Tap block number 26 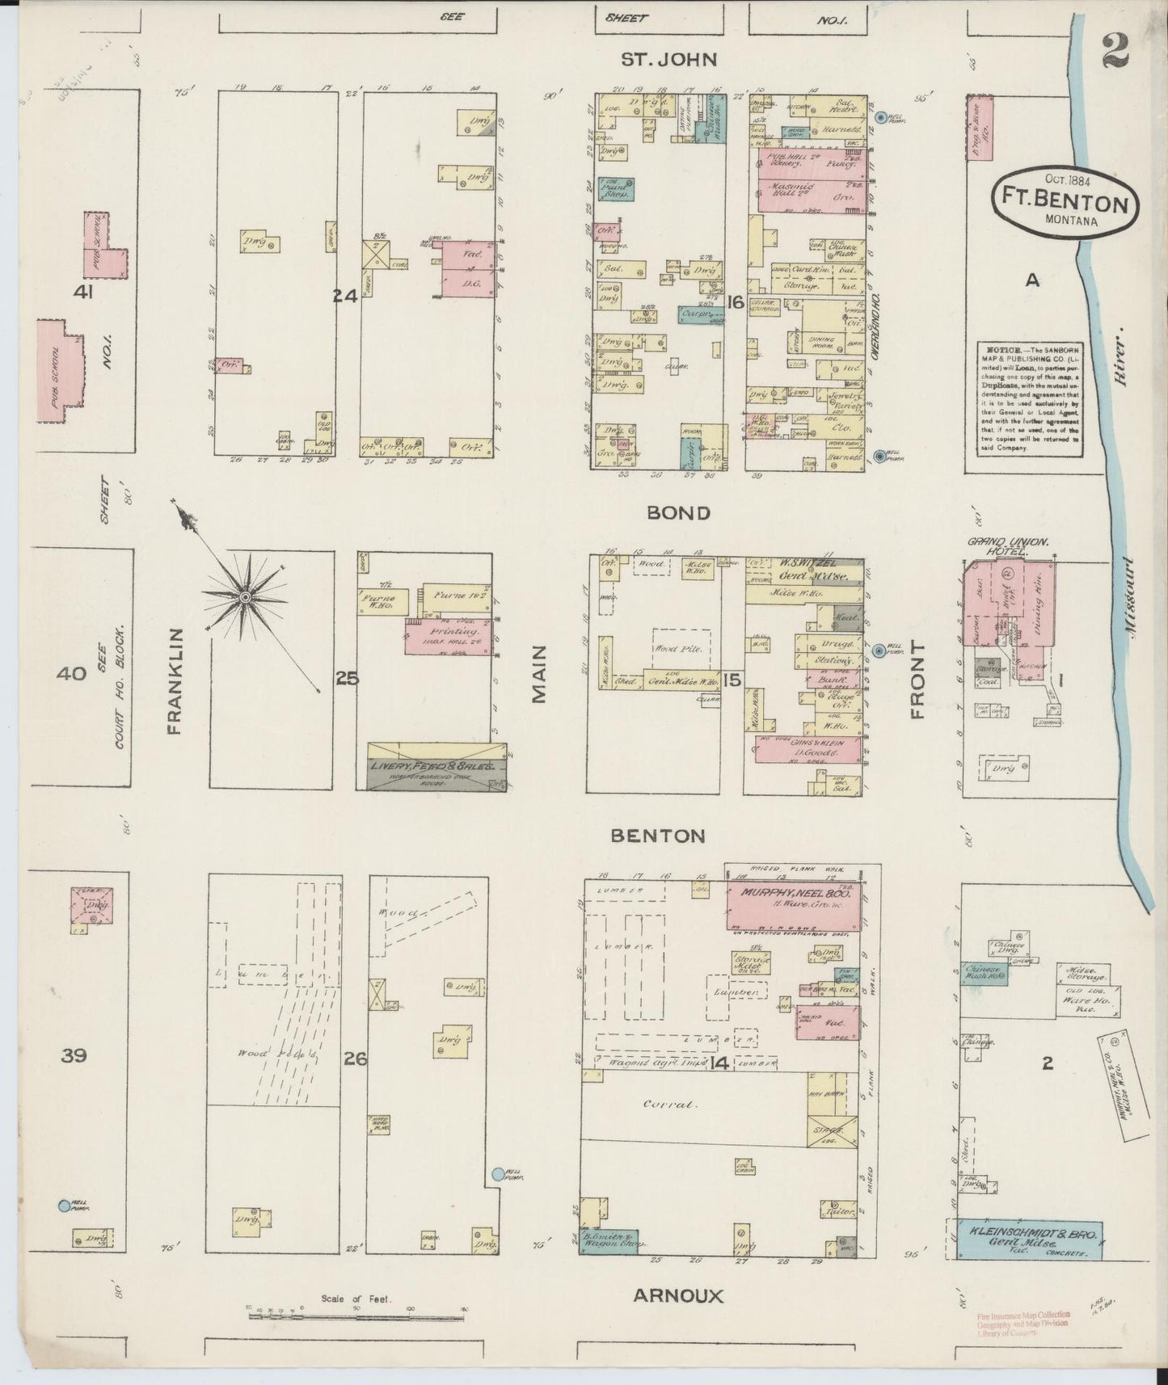coord(356,1057)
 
